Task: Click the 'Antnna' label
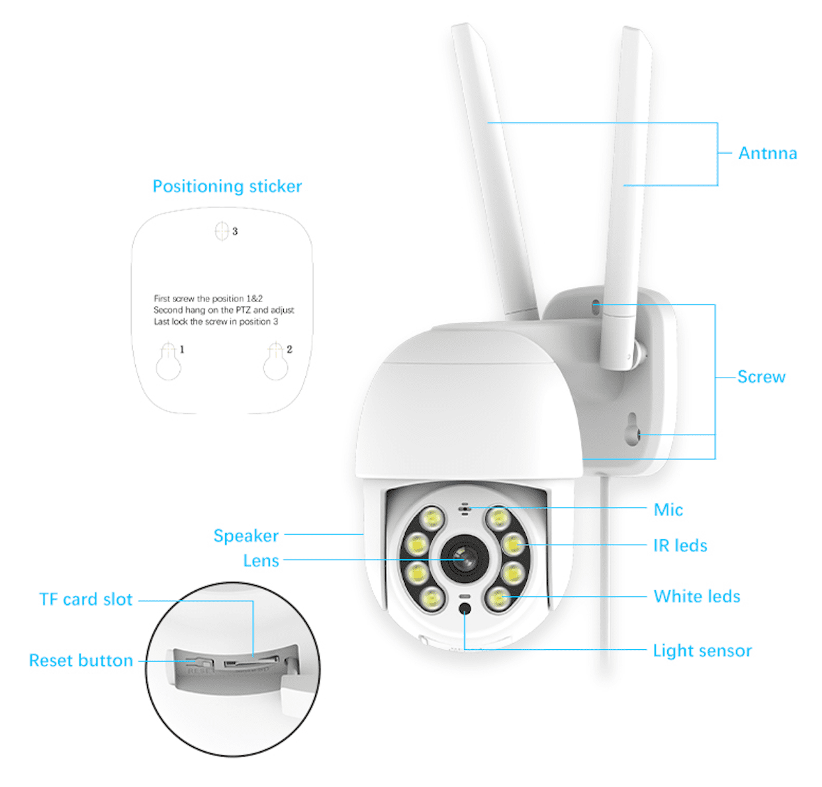(767, 153)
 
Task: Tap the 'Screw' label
(760, 376)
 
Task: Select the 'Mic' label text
(668, 509)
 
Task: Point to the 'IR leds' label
(680, 545)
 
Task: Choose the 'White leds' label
(696, 596)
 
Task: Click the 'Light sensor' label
(702, 651)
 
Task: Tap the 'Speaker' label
(246, 536)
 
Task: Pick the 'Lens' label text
(261, 560)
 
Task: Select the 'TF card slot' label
(86, 600)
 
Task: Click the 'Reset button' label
(81, 660)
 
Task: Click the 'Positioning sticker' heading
(227, 186)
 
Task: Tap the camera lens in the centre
(464, 559)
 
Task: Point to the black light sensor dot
(465, 609)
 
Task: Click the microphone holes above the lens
(465, 509)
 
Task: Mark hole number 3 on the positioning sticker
(222, 231)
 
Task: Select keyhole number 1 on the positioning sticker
(169, 362)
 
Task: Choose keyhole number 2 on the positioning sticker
(275, 362)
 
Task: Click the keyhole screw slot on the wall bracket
(632, 429)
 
